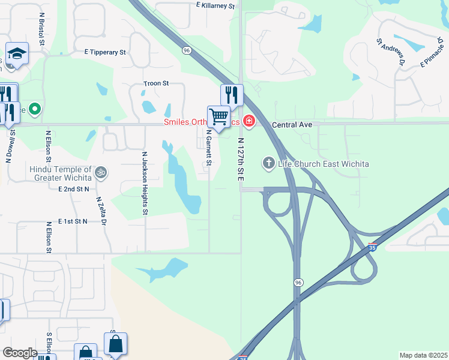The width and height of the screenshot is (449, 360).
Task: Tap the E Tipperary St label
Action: pyautogui.click(x=106, y=52)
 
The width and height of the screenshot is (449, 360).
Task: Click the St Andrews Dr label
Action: pyautogui.click(x=391, y=52)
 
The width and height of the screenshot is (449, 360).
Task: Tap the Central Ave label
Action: pyautogui.click(x=292, y=125)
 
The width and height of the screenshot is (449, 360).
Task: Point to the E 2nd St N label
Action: pyautogui.click(x=74, y=189)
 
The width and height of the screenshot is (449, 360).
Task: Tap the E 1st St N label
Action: pyautogui.click(x=73, y=221)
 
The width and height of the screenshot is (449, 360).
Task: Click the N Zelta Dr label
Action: pyautogui.click(x=100, y=210)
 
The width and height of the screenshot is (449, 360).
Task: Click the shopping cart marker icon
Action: pyautogui.click(x=218, y=115)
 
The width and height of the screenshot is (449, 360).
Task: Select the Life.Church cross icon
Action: pyautogui.click(x=268, y=163)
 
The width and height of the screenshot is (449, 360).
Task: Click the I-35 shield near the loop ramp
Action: pyautogui.click(x=373, y=247)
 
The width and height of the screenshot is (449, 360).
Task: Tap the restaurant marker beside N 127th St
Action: pyautogui.click(x=232, y=94)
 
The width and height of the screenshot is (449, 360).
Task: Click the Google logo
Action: pyautogui.click(x=20, y=353)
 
